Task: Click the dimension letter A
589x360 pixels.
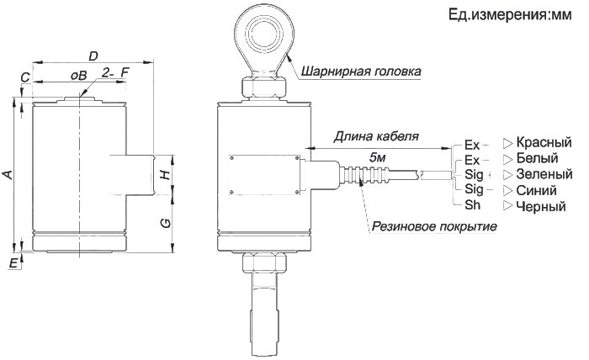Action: pyautogui.click(x=8, y=174)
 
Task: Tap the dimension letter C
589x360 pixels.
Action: pyautogui.click(x=25, y=77)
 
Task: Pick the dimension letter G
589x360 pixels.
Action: pyautogui.click(x=166, y=223)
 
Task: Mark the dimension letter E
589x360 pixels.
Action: pyautogui.click(x=13, y=263)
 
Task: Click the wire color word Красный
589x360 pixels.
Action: pyautogui.click(x=544, y=142)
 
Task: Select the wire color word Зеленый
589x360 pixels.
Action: pyautogui.click(x=544, y=174)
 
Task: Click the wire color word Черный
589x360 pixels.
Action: pyautogui.click(x=540, y=206)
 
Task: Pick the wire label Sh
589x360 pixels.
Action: pyautogui.click(x=472, y=206)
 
